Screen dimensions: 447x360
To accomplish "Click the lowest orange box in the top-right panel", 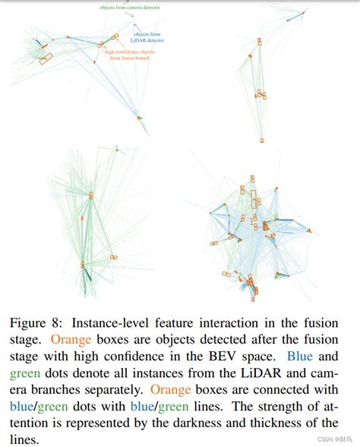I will pyautogui.click(x=262, y=140).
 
